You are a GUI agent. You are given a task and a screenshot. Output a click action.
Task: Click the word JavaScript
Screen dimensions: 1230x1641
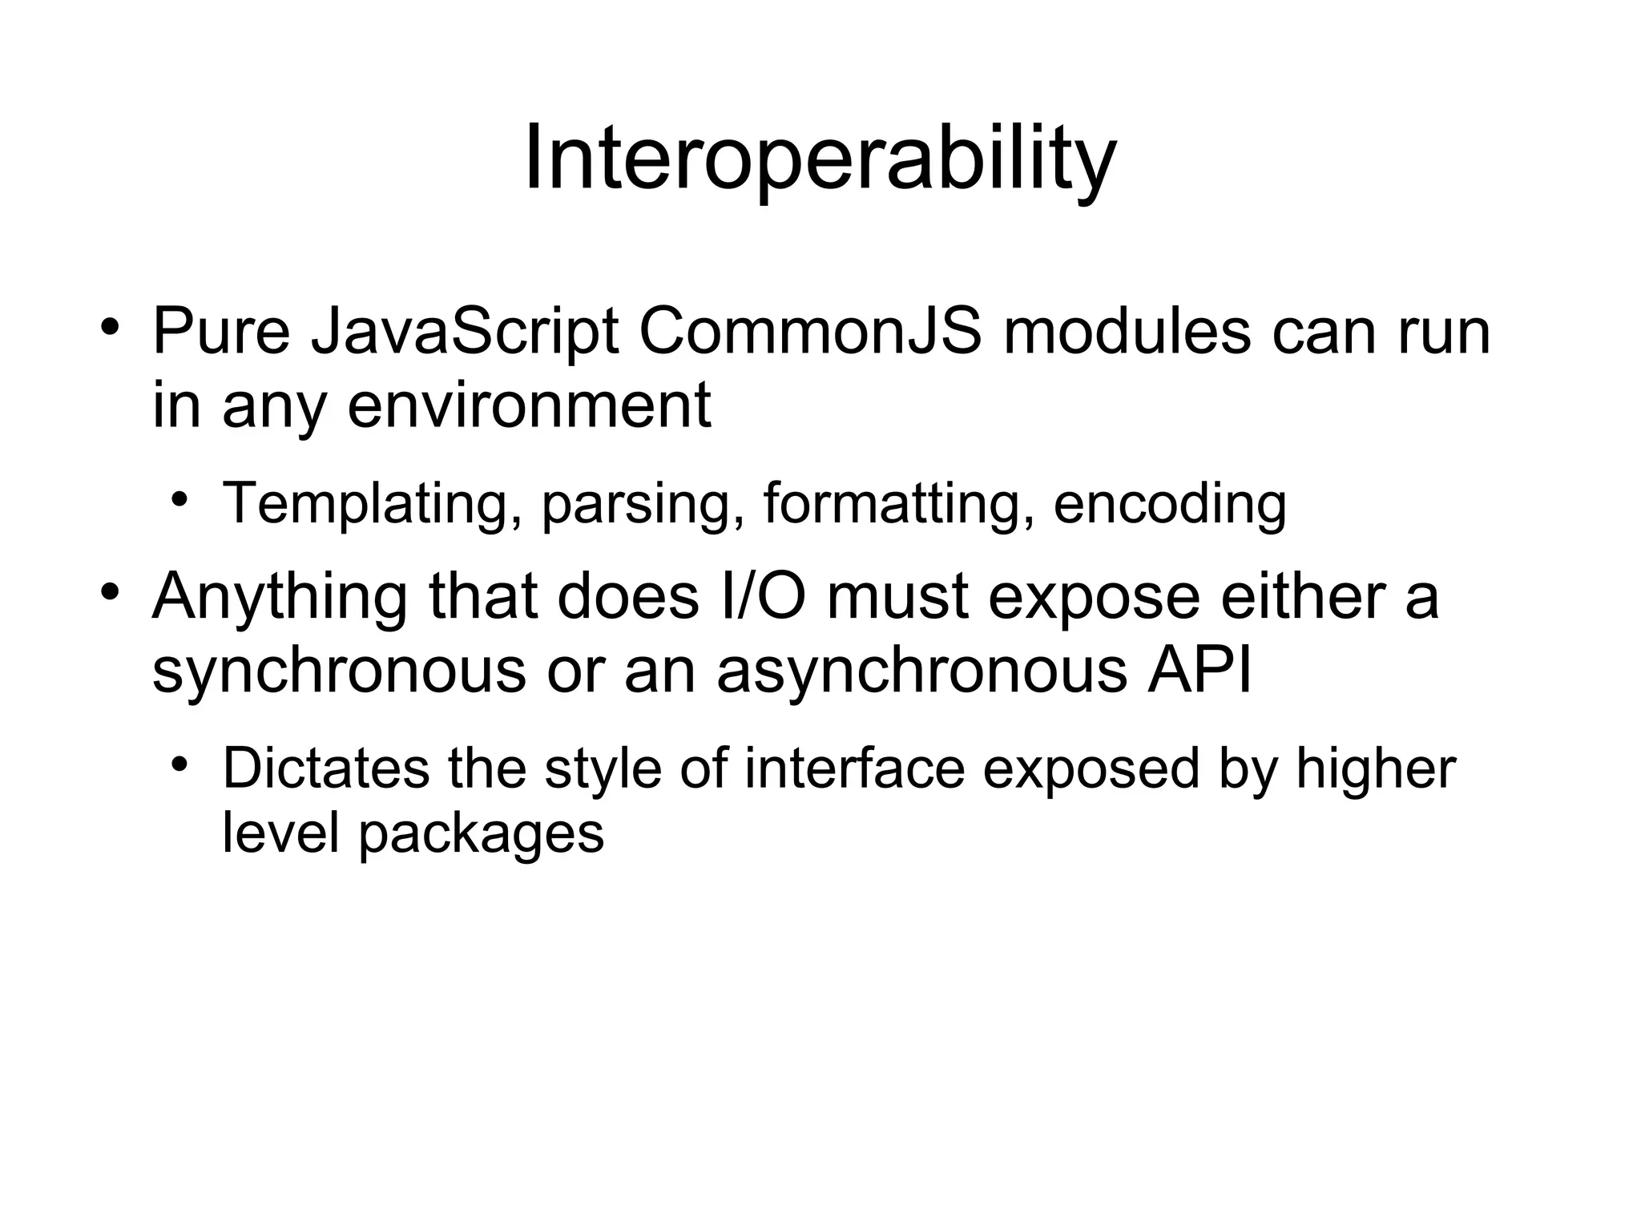(x=465, y=333)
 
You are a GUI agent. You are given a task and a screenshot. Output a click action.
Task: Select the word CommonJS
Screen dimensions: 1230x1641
(x=810, y=333)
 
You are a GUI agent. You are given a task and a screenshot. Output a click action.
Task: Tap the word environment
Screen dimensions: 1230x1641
(x=529, y=406)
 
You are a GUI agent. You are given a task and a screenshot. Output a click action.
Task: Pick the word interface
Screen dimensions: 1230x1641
(x=854, y=769)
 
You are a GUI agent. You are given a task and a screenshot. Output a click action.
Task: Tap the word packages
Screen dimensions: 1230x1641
(x=481, y=835)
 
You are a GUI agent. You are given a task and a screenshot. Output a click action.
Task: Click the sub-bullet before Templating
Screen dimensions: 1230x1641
(x=180, y=499)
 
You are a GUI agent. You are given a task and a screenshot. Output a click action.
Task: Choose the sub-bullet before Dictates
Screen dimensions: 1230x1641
(x=180, y=764)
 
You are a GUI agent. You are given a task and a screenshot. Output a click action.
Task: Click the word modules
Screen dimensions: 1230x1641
(x=1127, y=333)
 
